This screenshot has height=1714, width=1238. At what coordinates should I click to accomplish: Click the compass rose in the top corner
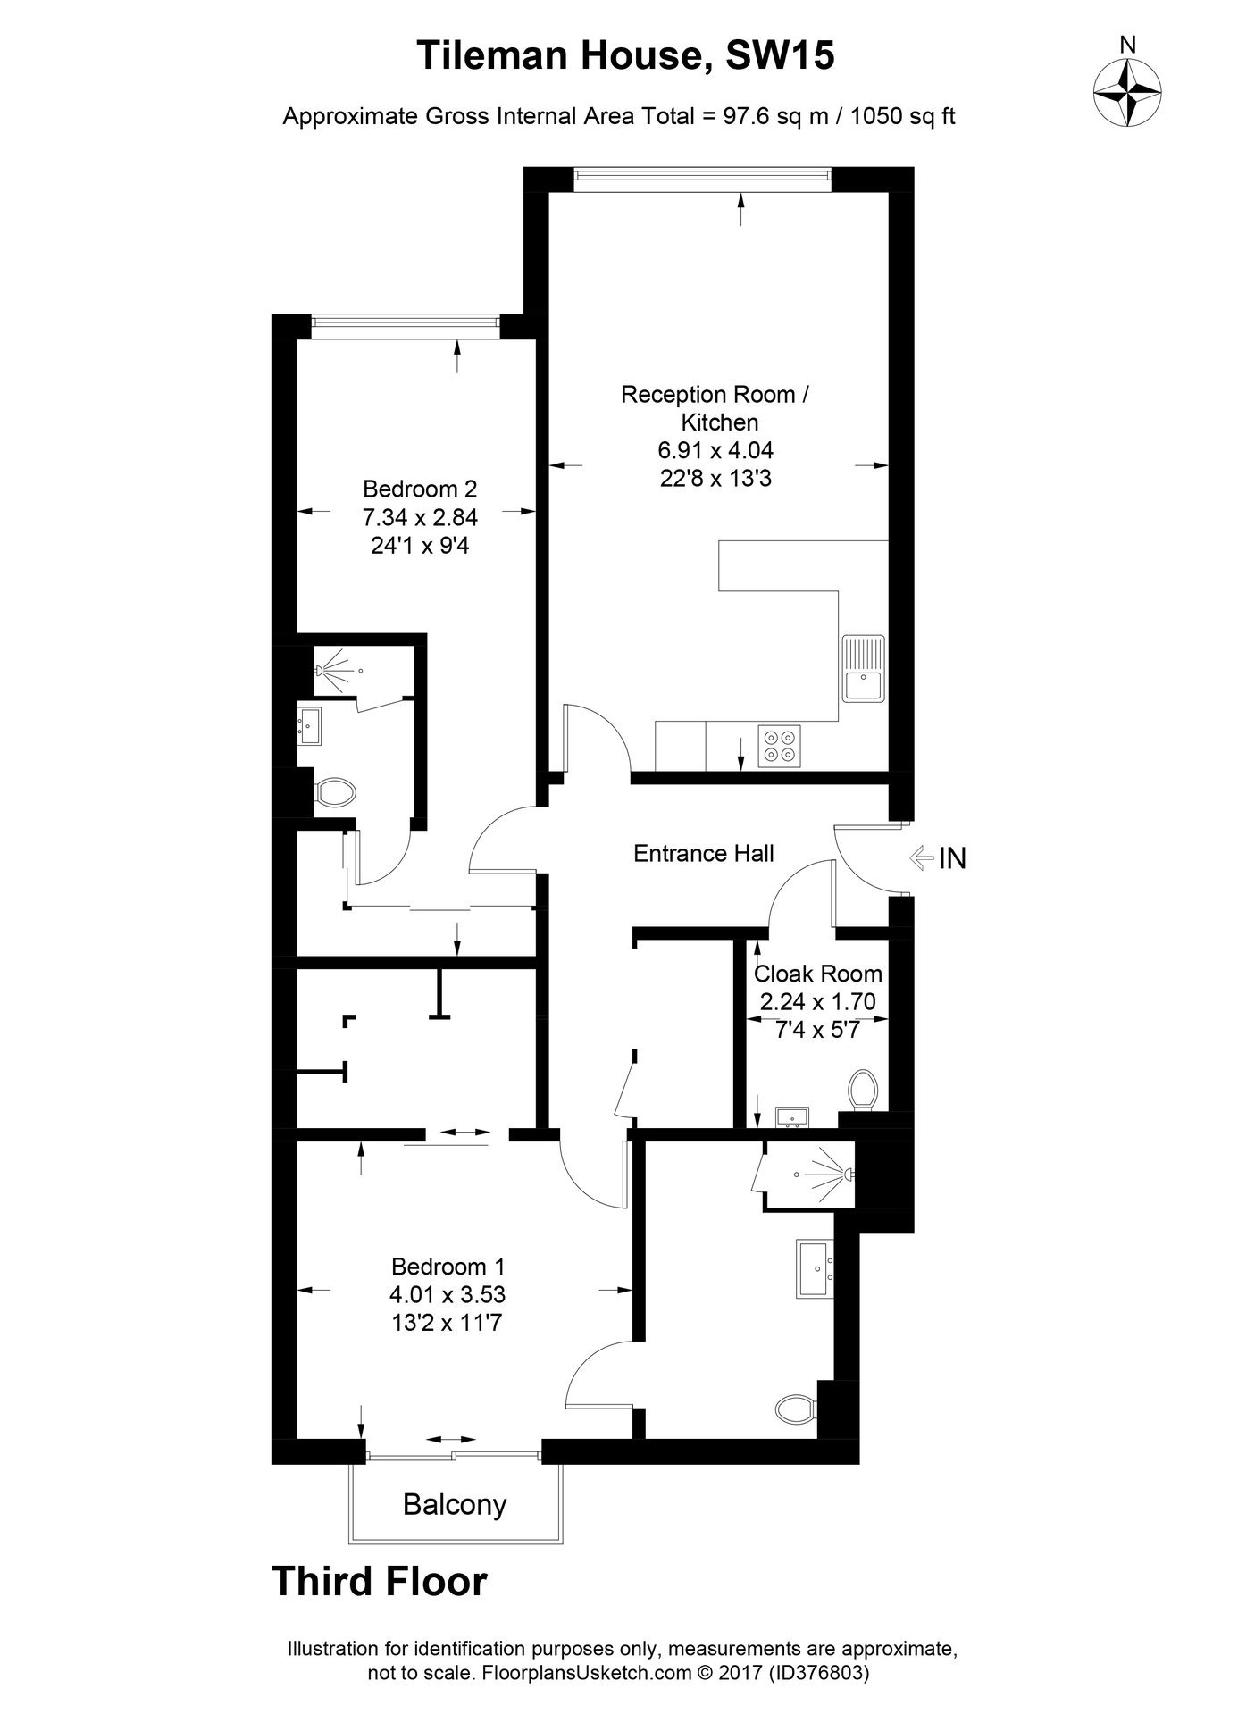coord(1128,92)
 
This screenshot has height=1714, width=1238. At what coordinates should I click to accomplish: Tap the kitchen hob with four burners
coord(779,746)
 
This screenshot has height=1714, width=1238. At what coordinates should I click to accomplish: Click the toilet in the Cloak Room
coord(864,1089)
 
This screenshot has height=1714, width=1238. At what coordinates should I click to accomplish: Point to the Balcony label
coord(455,1505)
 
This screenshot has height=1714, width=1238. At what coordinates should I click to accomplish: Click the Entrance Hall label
coord(704,854)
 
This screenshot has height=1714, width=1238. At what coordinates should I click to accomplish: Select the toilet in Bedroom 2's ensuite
coord(335,791)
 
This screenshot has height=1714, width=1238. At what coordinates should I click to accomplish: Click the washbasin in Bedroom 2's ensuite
coord(309,726)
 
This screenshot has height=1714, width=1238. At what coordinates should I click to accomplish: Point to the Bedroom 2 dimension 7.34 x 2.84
coord(420,517)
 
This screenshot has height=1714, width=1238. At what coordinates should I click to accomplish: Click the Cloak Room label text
coord(818,974)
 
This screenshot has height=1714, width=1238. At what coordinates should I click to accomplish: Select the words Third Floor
coord(380,1580)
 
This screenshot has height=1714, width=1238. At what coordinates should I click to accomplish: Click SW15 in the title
coord(780,57)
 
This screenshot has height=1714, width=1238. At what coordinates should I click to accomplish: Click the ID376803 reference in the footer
coord(819,1672)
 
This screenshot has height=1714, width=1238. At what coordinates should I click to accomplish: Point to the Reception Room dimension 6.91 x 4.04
coord(715,450)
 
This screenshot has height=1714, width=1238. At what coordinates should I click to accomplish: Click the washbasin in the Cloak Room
coord(792,1116)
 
